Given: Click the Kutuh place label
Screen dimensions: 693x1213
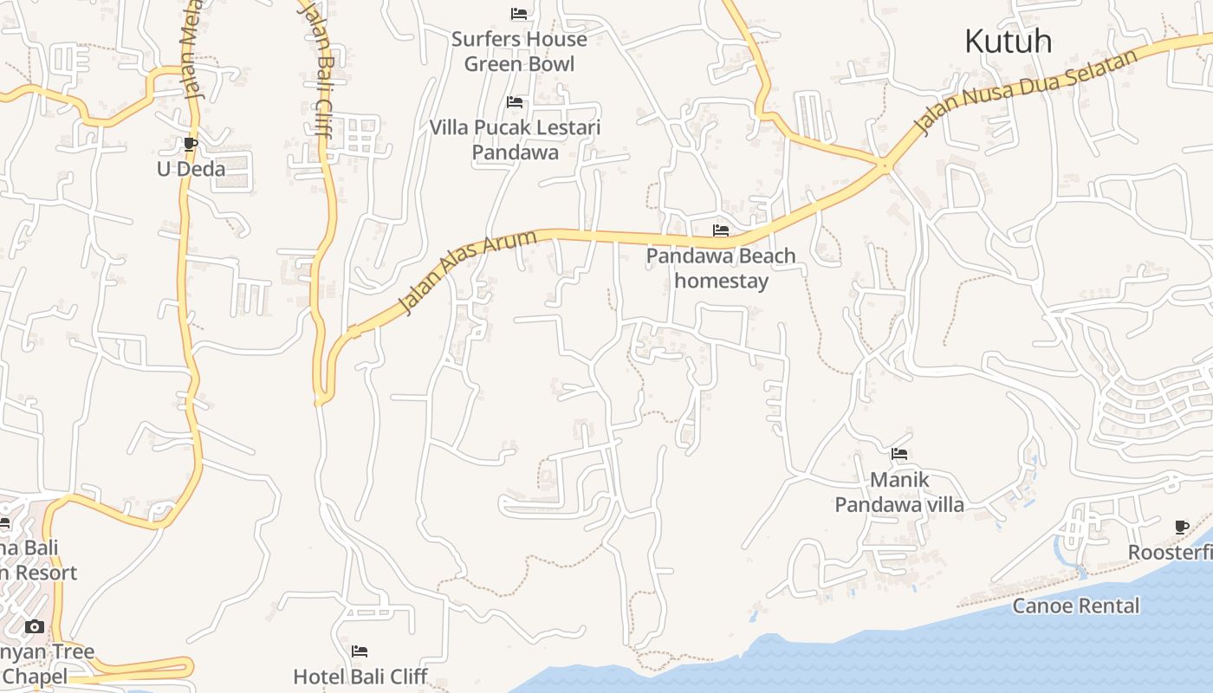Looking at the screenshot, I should click(x=1008, y=41).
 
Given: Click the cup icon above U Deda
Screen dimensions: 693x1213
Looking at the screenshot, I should click(x=191, y=144).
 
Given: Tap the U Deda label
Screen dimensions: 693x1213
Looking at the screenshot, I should click(x=191, y=169).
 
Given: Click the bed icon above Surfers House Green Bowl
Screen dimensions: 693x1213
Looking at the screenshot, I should click(x=519, y=14).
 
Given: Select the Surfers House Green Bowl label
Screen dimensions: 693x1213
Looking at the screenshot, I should click(x=519, y=51).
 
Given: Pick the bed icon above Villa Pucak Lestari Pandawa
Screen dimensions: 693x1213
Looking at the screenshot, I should click(x=515, y=102).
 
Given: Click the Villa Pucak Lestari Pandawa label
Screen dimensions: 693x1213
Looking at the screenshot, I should click(x=515, y=139).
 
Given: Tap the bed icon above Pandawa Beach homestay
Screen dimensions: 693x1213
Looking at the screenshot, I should click(x=721, y=230).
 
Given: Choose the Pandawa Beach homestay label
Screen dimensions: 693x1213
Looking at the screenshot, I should click(x=721, y=269).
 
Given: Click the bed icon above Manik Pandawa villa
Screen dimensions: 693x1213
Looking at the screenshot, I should click(x=899, y=453).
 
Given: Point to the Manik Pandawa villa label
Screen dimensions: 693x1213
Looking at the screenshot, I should click(x=899, y=492).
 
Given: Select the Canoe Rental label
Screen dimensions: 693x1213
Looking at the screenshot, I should click(x=1076, y=606).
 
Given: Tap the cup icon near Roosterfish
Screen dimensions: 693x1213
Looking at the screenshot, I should click(x=1182, y=527).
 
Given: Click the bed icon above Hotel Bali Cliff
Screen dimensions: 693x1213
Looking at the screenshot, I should click(x=360, y=651).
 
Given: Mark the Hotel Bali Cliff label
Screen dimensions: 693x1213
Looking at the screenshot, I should click(x=360, y=676).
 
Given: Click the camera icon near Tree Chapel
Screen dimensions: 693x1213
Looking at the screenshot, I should click(x=35, y=626).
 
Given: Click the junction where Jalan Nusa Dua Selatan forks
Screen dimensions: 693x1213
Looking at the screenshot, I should click(x=885, y=163).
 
